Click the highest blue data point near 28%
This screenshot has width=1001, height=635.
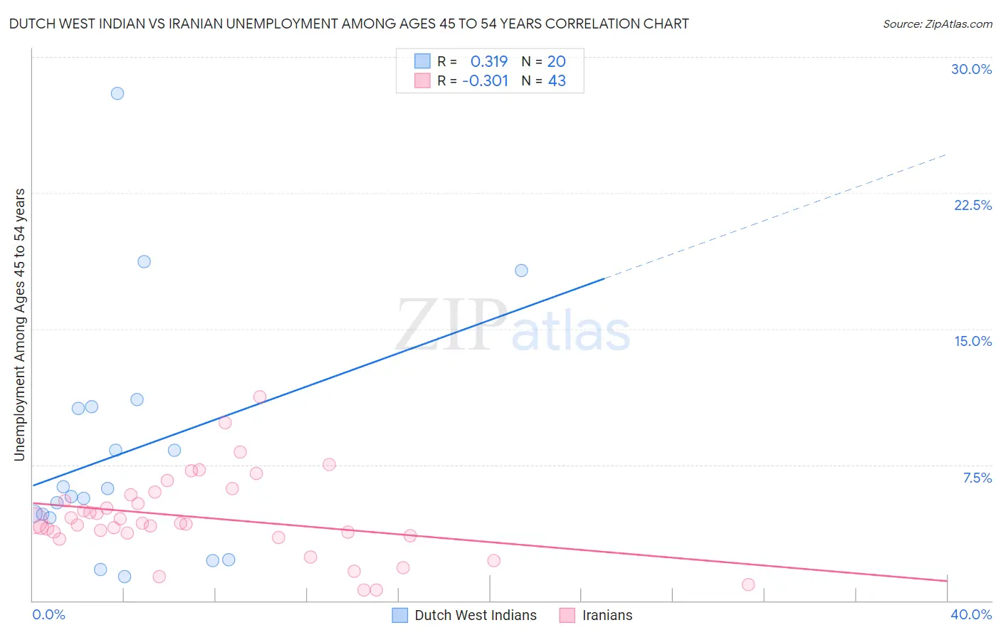[117, 93]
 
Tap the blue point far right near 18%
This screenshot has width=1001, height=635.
[521, 271]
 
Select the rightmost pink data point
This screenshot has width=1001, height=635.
[748, 584]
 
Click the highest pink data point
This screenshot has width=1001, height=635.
[260, 397]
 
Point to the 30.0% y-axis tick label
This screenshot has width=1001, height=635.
[971, 69]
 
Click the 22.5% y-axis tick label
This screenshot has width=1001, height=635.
[973, 205]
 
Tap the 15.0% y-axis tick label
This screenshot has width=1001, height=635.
[973, 341]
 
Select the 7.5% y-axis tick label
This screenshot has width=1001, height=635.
[977, 478]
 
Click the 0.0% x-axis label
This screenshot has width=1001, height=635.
[48, 614]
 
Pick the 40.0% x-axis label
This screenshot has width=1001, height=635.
[971, 614]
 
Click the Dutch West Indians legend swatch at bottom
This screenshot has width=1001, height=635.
[400, 615]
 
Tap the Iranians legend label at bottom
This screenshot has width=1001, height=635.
[607, 615]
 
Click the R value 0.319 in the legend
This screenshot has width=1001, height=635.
[489, 62]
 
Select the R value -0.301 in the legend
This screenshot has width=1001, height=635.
[485, 81]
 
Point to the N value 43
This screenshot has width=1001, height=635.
[557, 81]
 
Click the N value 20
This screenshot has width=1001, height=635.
[557, 62]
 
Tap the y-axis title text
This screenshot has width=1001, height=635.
[19, 325]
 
